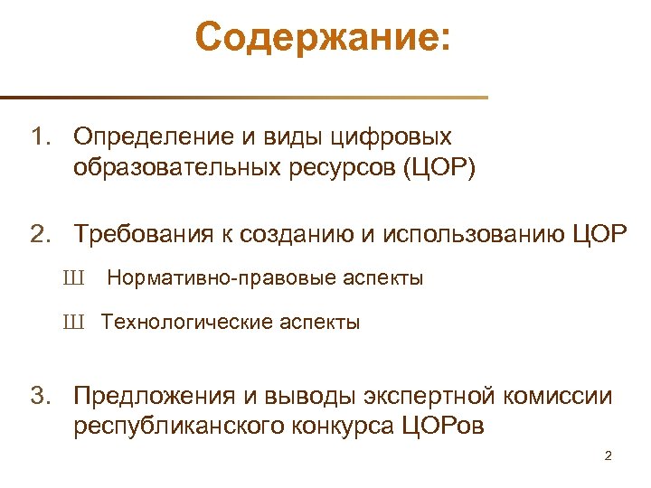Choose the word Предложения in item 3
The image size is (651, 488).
154,396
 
